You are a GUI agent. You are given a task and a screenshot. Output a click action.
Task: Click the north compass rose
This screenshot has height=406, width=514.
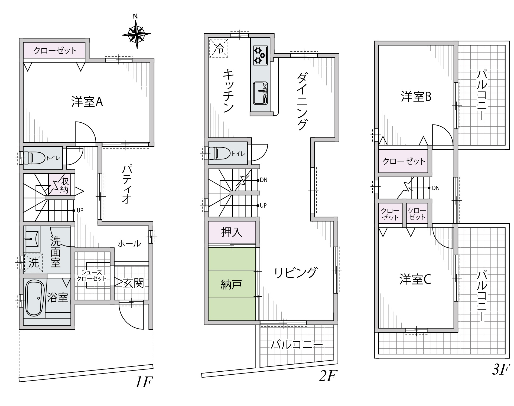136,34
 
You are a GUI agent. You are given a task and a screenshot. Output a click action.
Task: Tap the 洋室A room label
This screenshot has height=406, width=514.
87,102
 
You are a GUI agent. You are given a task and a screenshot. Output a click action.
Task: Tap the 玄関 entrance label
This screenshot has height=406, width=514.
133,283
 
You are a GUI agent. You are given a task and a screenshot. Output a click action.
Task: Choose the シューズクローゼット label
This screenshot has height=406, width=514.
92,275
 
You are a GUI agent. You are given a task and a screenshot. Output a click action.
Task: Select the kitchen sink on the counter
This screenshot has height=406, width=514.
261,93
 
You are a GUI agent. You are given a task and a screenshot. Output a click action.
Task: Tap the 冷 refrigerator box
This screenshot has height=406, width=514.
219,48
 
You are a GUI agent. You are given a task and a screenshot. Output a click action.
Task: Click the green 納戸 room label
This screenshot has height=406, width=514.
231,285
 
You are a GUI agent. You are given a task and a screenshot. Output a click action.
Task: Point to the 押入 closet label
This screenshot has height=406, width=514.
232,232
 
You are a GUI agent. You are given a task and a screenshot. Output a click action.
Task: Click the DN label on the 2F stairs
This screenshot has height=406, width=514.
263,180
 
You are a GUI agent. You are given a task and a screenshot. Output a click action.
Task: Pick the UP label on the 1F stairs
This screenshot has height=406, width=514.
80,210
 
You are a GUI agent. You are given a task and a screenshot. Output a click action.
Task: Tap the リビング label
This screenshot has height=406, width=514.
295,273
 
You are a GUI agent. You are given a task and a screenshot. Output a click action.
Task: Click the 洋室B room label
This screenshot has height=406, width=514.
416,97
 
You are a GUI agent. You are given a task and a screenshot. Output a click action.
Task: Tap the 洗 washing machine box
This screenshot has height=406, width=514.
33,263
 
